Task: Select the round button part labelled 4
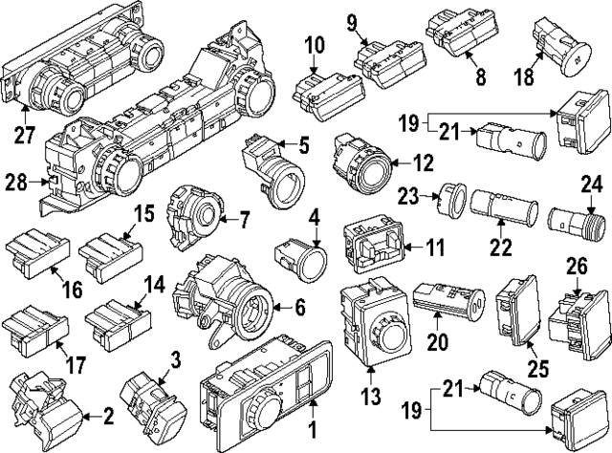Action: pyautogui.click(x=297, y=256)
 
